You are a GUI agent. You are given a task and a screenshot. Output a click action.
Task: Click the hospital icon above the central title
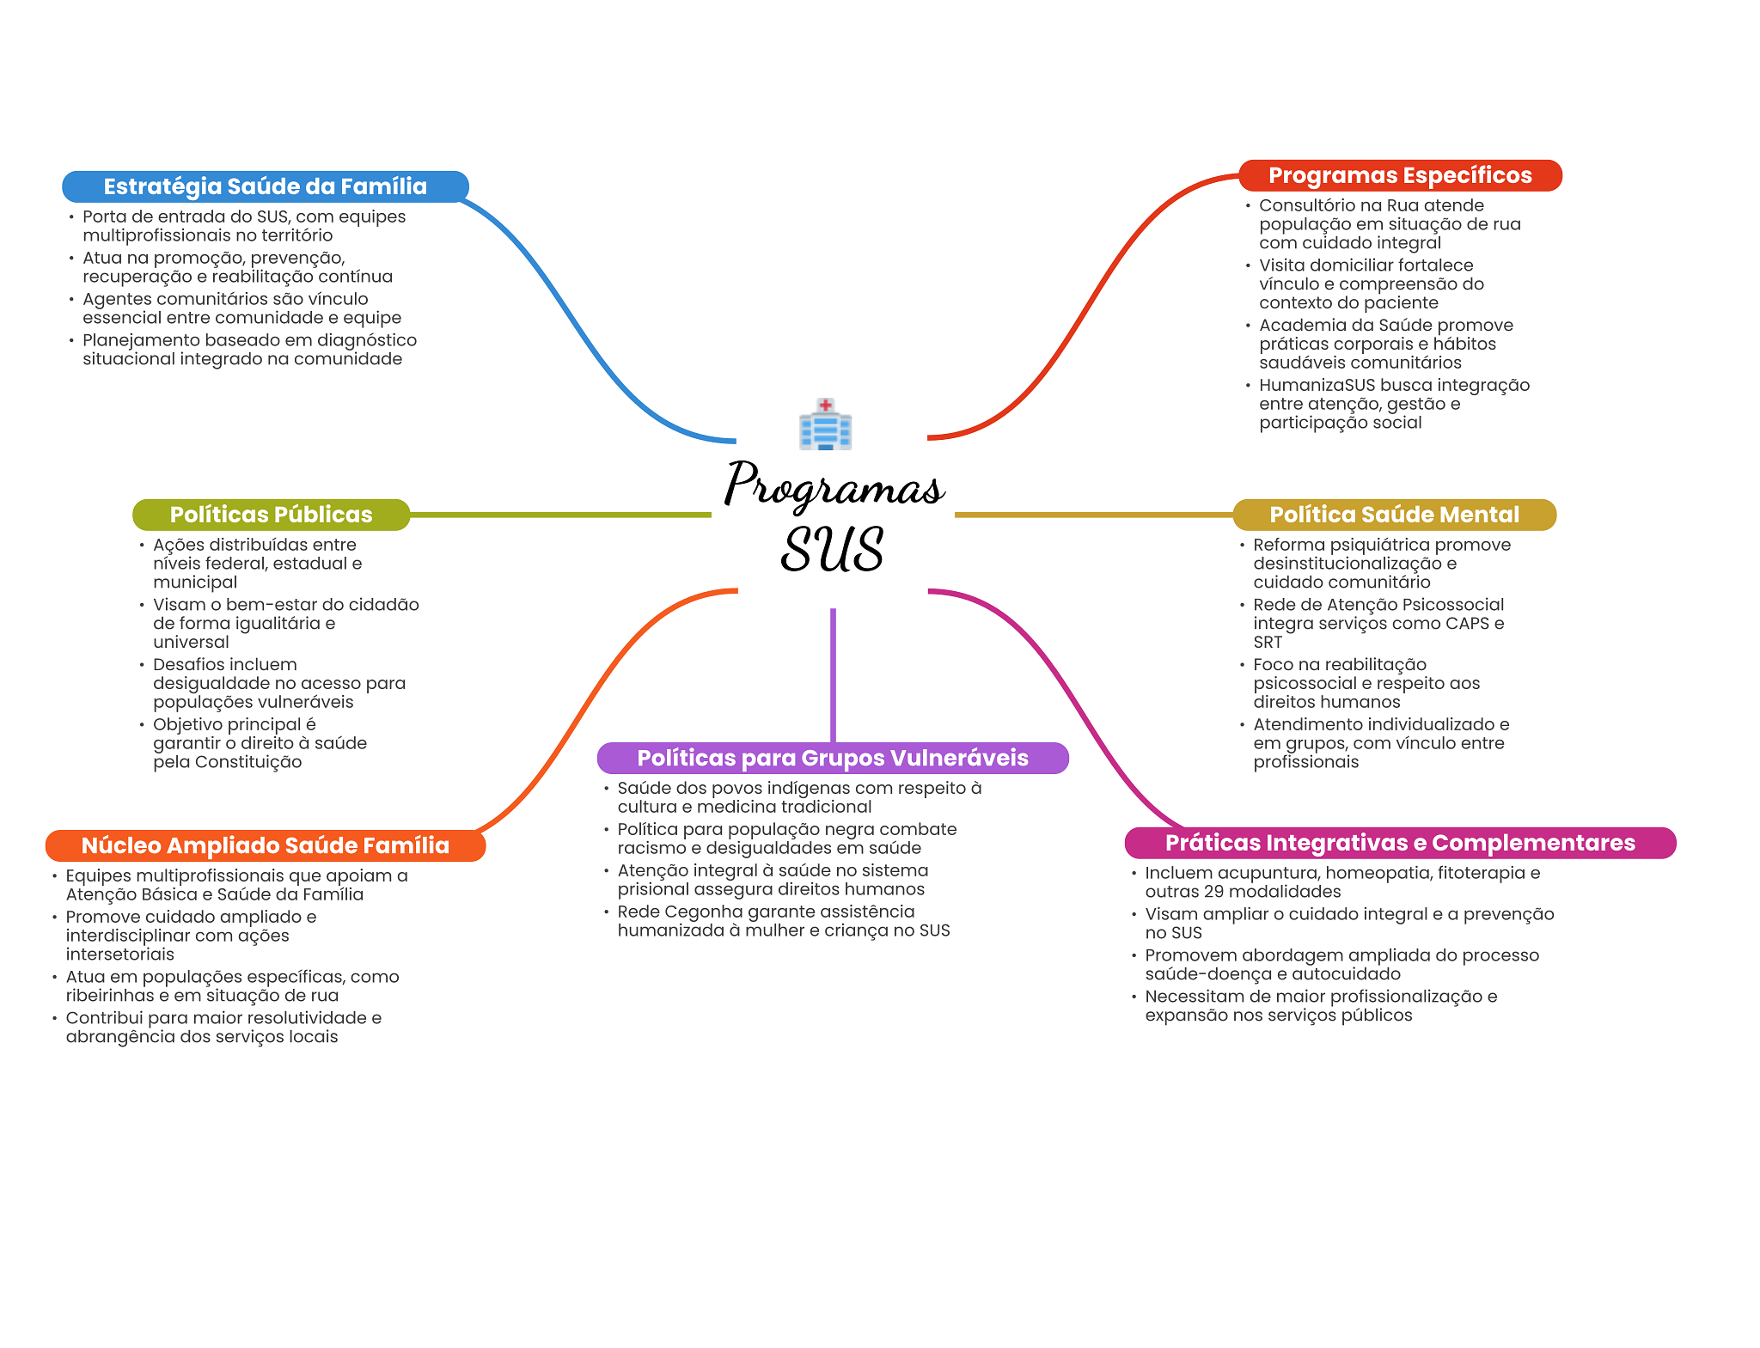pyautogui.click(x=825, y=424)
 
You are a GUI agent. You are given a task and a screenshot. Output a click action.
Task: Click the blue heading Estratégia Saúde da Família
pyautogui.click(x=266, y=186)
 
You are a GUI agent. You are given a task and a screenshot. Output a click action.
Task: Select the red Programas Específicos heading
pyautogui.click(x=1400, y=175)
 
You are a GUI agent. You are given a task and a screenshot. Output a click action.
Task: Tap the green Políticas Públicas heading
pyautogui.click(x=272, y=515)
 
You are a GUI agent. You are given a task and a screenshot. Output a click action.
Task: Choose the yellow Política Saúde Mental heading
pyautogui.click(x=1395, y=515)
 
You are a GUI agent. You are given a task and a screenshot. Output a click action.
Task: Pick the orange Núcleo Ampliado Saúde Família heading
pyautogui.click(x=266, y=845)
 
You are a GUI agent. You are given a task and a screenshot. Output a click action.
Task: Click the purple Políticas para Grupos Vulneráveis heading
pyautogui.click(x=833, y=758)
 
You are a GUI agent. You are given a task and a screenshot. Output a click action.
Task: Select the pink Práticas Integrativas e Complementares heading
pyautogui.click(x=1401, y=843)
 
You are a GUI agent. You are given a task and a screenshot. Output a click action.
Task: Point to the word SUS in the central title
pyautogui.click(x=833, y=549)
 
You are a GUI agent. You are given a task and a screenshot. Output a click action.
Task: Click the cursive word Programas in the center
pyautogui.click(x=834, y=485)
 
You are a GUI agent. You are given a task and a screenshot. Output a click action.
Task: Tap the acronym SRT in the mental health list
pyautogui.click(x=1268, y=643)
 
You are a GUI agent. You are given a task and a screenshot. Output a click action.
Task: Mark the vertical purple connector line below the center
pyautogui.click(x=833, y=675)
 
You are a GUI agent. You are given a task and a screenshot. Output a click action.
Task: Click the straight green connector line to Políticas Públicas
pyautogui.click(x=561, y=515)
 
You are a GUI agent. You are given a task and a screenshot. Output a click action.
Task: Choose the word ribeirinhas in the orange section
pyautogui.click(x=109, y=996)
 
